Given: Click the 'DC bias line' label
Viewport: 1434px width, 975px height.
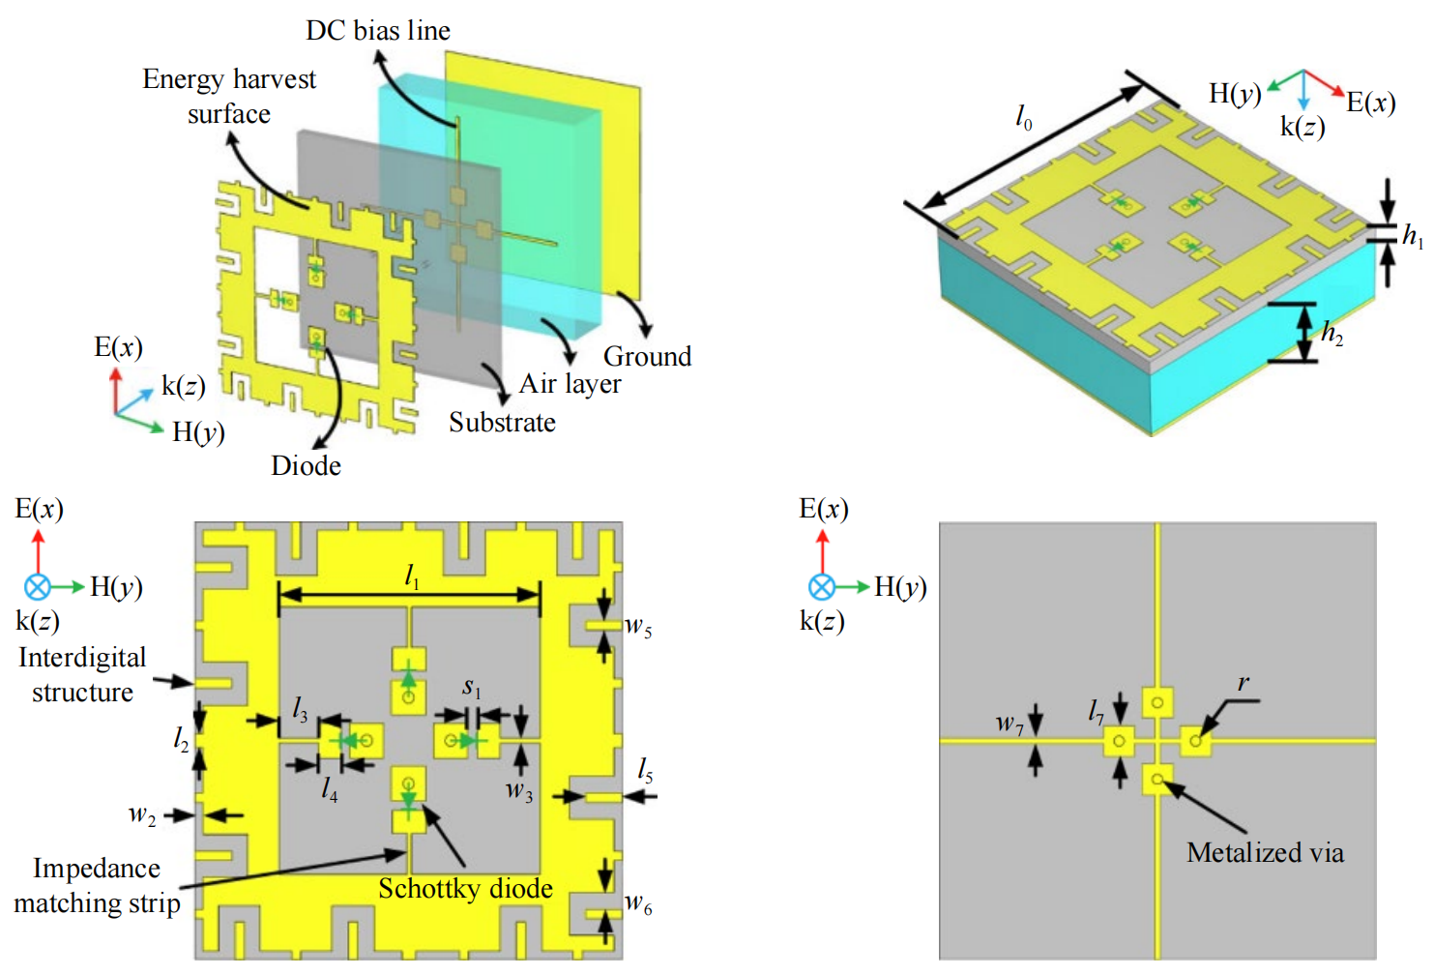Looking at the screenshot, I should (x=378, y=31).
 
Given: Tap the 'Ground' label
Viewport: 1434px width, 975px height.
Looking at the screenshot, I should (x=647, y=357).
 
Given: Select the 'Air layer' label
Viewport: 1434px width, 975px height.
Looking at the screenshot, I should (x=570, y=384).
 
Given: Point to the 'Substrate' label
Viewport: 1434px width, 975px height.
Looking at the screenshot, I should (x=502, y=423).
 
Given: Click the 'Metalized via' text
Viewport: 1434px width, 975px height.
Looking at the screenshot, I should (x=1265, y=852).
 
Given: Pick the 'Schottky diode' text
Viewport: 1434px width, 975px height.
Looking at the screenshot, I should (x=465, y=888).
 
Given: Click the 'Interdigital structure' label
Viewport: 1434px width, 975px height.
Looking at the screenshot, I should (x=82, y=675).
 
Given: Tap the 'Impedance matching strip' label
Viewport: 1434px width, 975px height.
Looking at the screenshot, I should (x=97, y=886).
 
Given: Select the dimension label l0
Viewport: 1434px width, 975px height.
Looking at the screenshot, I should (x=1024, y=118).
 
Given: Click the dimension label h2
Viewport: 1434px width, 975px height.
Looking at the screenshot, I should (x=1332, y=335).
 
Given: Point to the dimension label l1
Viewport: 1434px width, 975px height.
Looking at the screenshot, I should (x=412, y=577).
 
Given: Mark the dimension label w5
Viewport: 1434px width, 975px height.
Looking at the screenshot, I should (x=638, y=627).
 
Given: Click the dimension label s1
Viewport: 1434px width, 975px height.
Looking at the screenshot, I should (x=471, y=688).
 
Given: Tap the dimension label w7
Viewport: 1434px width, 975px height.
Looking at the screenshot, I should (x=1010, y=723).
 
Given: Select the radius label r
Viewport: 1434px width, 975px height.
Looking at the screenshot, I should (x=1244, y=684).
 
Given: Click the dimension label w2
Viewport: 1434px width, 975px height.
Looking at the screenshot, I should (x=142, y=815).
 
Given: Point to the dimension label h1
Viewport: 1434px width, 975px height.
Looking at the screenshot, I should (x=1413, y=235).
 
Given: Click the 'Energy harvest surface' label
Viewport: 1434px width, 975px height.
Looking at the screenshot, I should (x=229, y=96).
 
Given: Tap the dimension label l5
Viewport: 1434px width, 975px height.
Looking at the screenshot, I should (x=645, y=771).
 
